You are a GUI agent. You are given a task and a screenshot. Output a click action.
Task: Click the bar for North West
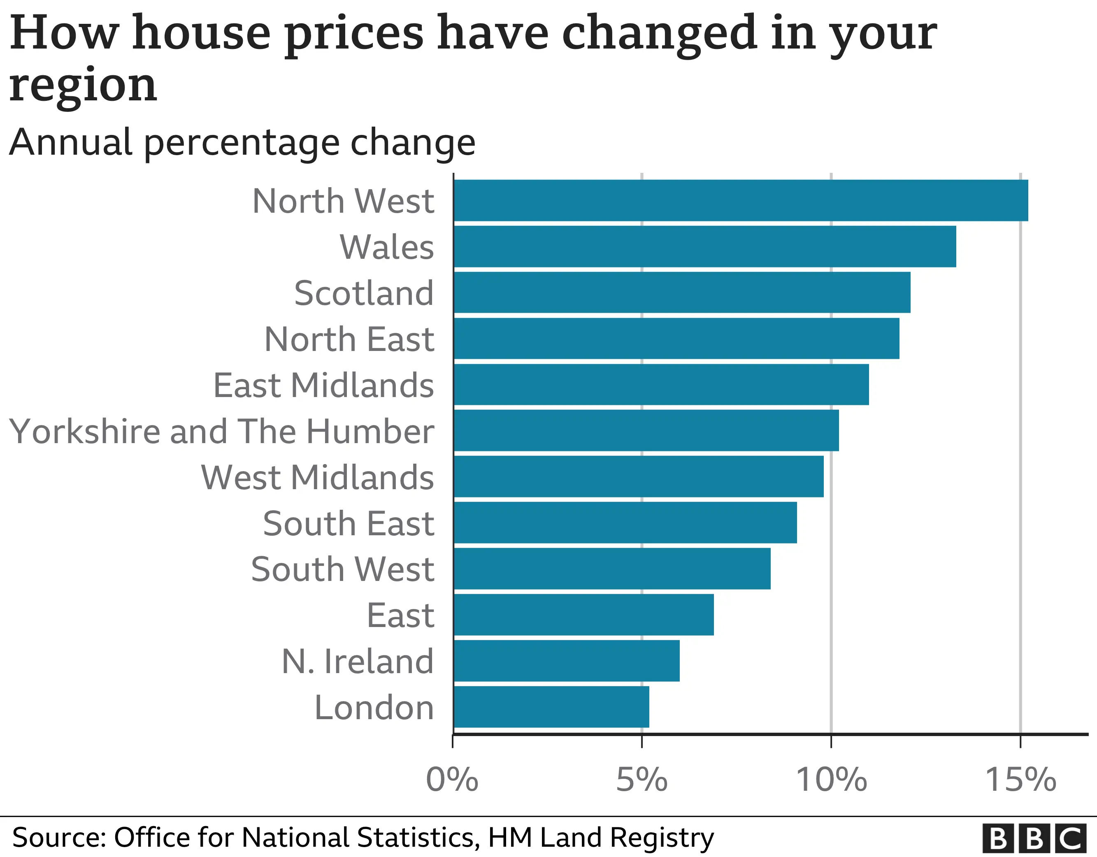point(740,200)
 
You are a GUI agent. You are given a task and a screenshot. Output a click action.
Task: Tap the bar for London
point(551,707)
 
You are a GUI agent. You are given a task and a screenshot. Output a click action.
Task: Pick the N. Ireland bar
point(566,661)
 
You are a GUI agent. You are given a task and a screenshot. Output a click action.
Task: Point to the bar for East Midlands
point(661,384)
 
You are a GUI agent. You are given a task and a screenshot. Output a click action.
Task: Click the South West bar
point(612,569)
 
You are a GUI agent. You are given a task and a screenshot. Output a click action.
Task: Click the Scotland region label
point(364,293)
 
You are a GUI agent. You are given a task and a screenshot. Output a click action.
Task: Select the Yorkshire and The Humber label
point(221,431)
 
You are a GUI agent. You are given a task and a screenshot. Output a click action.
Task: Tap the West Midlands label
point(317,477)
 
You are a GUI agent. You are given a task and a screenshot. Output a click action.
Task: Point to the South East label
point(348,523)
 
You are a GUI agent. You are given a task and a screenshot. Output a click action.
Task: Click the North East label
point(349,339)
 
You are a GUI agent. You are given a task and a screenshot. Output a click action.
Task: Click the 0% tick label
point(452,780)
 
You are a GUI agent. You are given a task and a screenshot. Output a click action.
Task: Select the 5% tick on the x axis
point(641,780)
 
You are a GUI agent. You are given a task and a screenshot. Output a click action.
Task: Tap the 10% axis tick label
point(831,780)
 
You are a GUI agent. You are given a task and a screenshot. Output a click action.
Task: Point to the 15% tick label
point(1020,780)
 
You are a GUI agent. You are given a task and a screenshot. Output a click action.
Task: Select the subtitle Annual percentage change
point(242,142)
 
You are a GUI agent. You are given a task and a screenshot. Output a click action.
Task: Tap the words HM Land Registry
point(601,837)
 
